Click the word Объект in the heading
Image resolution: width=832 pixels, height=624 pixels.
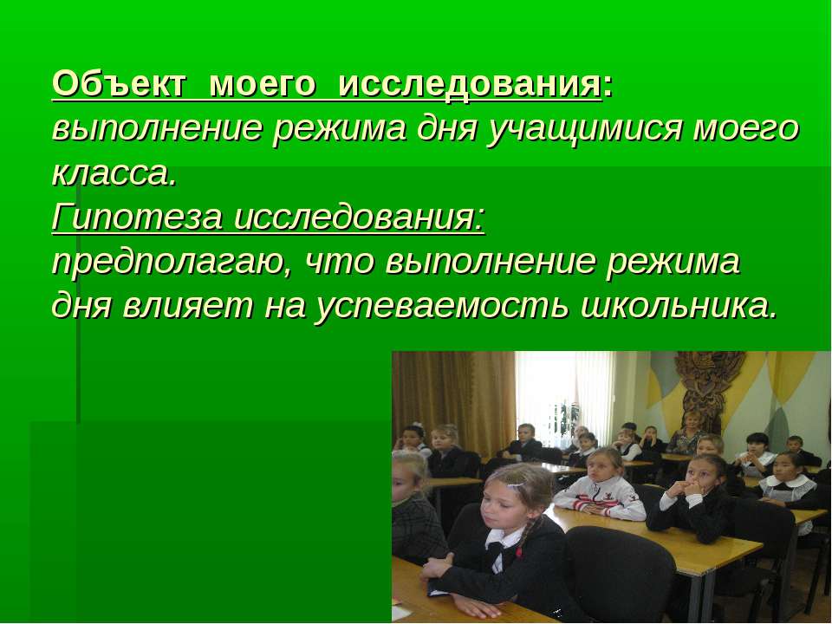120,84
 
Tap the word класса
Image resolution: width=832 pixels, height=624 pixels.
114,174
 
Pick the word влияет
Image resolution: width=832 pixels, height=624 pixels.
188,306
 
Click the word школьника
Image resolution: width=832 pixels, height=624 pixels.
679,306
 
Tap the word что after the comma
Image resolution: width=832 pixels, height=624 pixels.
341,262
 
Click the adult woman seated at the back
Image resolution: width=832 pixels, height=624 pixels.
688,434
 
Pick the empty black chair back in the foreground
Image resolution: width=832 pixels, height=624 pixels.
620,572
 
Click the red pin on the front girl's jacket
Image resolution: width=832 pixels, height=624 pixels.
518,552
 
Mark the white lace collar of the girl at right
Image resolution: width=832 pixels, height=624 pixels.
788,484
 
